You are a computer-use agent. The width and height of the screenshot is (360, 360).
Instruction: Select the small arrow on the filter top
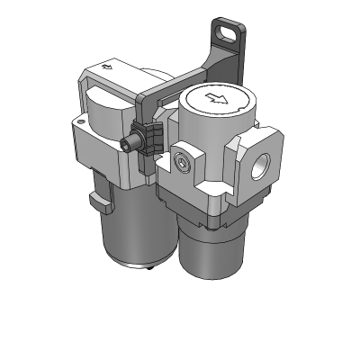click(x=109, y=66)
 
